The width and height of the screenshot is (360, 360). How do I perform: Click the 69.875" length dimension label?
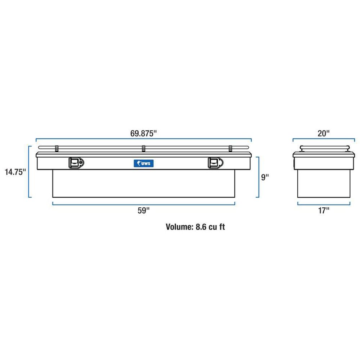tap(144, 134)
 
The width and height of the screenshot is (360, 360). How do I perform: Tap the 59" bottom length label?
tap(144, 210)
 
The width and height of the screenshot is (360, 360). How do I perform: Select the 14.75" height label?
tap(15, 172)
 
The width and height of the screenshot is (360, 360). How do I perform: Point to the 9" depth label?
tap(265, 177)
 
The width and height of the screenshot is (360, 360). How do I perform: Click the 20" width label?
tap(324, 134)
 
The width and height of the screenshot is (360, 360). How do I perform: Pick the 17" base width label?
tap(324, 210)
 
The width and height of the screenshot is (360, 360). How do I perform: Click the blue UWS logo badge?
tap(144, 163)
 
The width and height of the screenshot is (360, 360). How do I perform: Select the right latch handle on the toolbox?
tap(216, 163)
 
